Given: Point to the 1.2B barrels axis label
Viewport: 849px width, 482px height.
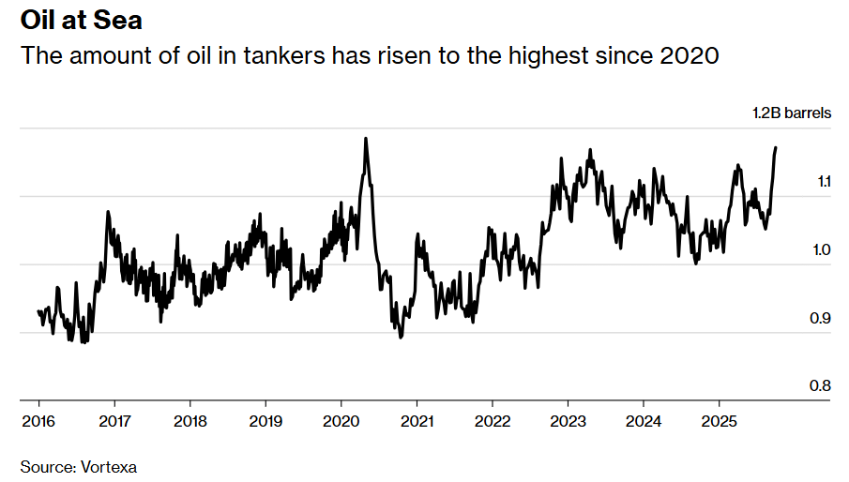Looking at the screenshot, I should coord(791,113).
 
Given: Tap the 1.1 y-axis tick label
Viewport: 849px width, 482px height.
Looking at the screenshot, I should coord(821,181).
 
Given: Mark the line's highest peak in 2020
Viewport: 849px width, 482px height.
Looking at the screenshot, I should coord(365,139).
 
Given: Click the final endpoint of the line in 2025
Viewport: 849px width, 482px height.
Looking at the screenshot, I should coord(776,147).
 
